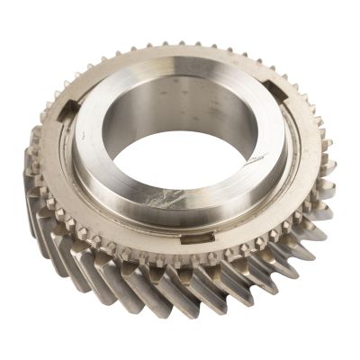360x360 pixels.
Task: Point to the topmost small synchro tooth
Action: tap(179, 43)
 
